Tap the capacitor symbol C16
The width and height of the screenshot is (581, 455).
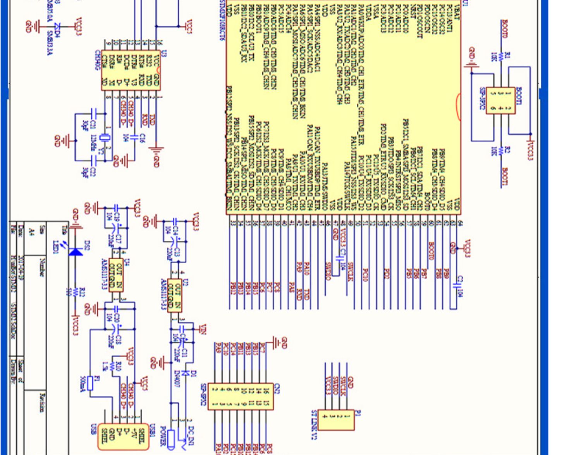coord(135,137)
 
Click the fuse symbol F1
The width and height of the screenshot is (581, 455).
coord(90,383)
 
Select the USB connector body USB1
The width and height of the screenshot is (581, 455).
coord(123,436)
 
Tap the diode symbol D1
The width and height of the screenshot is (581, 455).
coord(185,373)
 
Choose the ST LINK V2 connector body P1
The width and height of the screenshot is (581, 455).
coord(336,420)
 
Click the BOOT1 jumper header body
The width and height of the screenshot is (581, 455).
coord(500,100)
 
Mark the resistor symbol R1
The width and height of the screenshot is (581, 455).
coord(500,57)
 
